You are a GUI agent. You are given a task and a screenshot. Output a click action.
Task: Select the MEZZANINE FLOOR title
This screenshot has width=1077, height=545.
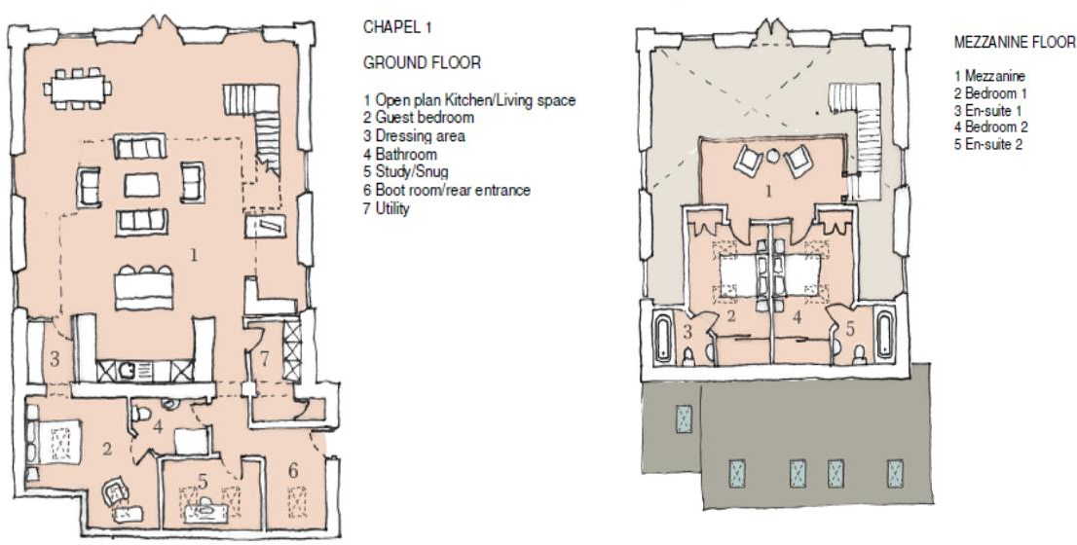pos(1015,44)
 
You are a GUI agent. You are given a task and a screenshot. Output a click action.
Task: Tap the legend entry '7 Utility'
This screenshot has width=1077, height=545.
pos(387,208)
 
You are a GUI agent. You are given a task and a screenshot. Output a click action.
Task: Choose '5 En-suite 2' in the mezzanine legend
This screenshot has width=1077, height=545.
pos(987,144)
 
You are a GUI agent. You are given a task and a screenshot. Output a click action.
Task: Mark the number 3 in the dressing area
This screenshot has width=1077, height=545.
pos(55,359)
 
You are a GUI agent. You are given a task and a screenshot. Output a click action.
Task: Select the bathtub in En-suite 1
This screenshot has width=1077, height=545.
pos(664,337)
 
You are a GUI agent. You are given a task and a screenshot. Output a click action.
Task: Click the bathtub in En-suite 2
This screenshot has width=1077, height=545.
pos(884,336)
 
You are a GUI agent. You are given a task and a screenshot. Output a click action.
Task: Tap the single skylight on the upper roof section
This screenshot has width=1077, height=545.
pos(683,420)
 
